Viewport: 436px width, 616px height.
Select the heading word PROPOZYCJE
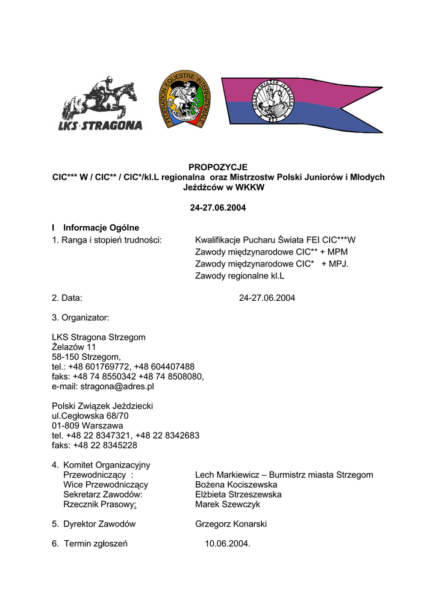(x=218, y=167)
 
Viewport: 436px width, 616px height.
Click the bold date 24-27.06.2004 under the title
(x=218, y=208)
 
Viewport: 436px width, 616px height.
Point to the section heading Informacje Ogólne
(x=101, y=228)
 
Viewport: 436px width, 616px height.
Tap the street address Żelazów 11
(x=74, y=347)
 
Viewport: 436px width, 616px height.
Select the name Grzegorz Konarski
(x=231, y=524)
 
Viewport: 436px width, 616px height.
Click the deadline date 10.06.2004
(x=227, y=544)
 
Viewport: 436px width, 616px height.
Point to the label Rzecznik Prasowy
(x=99, y=504)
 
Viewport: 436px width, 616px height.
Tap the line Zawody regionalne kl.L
(x=240, y=276)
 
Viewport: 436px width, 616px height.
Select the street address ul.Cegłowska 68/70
(x=90, y=416)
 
